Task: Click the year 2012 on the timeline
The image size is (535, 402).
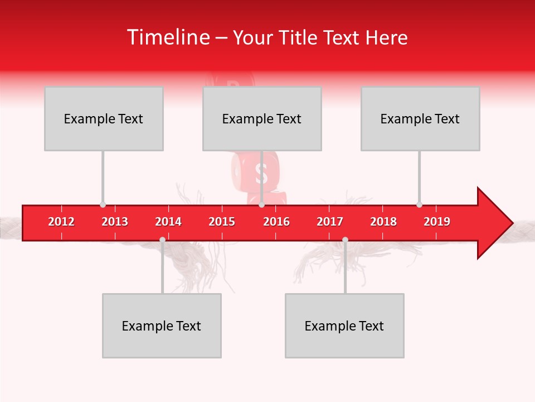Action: coord(61,222)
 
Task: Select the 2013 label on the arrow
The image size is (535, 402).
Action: coord(115,222)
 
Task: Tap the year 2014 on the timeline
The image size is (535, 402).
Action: coord(168,222)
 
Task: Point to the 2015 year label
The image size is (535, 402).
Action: coord(222,222)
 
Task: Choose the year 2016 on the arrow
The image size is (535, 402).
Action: coord(276,222)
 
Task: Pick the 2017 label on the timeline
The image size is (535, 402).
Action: coord(330,222)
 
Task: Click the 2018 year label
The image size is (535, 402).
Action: coord(383,222)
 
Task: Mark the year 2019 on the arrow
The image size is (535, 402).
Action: coord(437,222)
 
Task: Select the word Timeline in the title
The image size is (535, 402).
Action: coord(167,37)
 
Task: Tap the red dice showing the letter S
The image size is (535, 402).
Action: coord(260,174)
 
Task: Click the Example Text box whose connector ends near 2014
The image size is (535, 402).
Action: coord(162,326)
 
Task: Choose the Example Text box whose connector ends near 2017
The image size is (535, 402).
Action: coord(344,326)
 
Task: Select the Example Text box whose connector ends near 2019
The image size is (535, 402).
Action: coord(420,118)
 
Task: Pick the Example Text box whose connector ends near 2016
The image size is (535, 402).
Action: coord(262,118)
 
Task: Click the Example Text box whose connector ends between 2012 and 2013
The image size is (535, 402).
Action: coord(104,118)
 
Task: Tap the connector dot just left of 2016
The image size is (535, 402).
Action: coord(261,205)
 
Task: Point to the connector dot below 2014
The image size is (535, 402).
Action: coord(162,240)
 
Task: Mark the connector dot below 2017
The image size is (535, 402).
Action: coord(345,240)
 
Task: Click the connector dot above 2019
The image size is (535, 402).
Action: coord(419,205)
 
